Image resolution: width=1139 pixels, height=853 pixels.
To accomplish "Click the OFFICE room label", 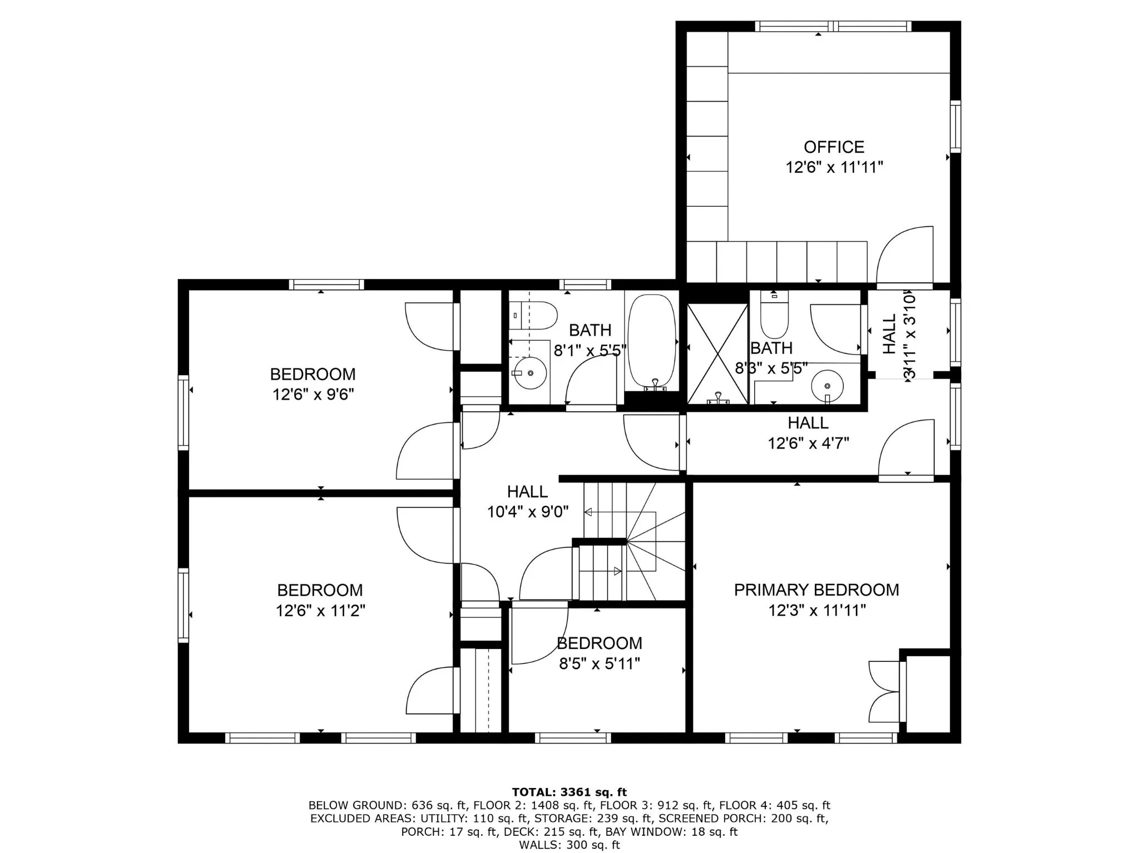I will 834,147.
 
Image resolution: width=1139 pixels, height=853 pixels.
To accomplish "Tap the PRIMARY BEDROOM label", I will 816,590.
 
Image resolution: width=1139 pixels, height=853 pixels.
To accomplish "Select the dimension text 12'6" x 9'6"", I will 313,395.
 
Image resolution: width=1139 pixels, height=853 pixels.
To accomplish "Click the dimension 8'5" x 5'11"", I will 600,664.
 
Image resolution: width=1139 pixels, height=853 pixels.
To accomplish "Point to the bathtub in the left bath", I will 652,342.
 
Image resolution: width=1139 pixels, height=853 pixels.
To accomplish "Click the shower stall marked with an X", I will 717,353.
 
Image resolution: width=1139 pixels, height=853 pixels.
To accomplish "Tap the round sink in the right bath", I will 827,385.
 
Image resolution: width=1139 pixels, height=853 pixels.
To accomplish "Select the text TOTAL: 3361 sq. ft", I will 569,792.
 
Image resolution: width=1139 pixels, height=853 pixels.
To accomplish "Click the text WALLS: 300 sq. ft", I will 569,845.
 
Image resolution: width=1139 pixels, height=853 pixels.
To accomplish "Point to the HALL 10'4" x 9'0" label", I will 527,501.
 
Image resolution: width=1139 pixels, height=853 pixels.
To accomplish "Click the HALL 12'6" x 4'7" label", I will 808,433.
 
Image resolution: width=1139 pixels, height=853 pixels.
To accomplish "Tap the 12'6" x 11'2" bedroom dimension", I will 320,611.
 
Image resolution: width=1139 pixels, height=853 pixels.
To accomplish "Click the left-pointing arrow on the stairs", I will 588,512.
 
